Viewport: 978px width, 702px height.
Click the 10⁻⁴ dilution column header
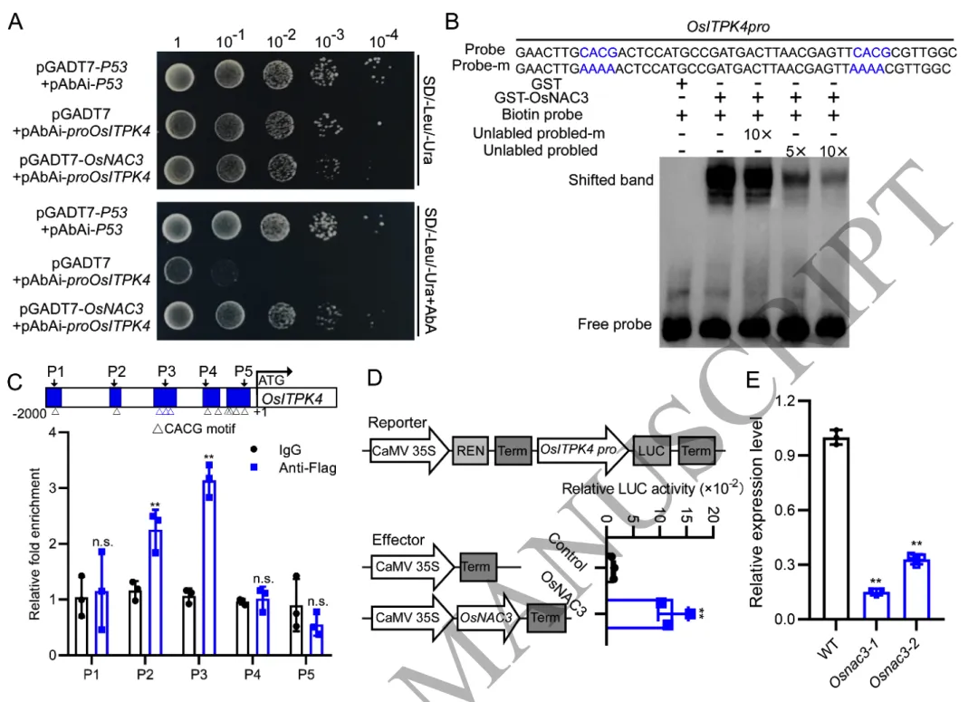[385, 42]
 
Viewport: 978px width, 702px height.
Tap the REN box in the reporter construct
[469, 449]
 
